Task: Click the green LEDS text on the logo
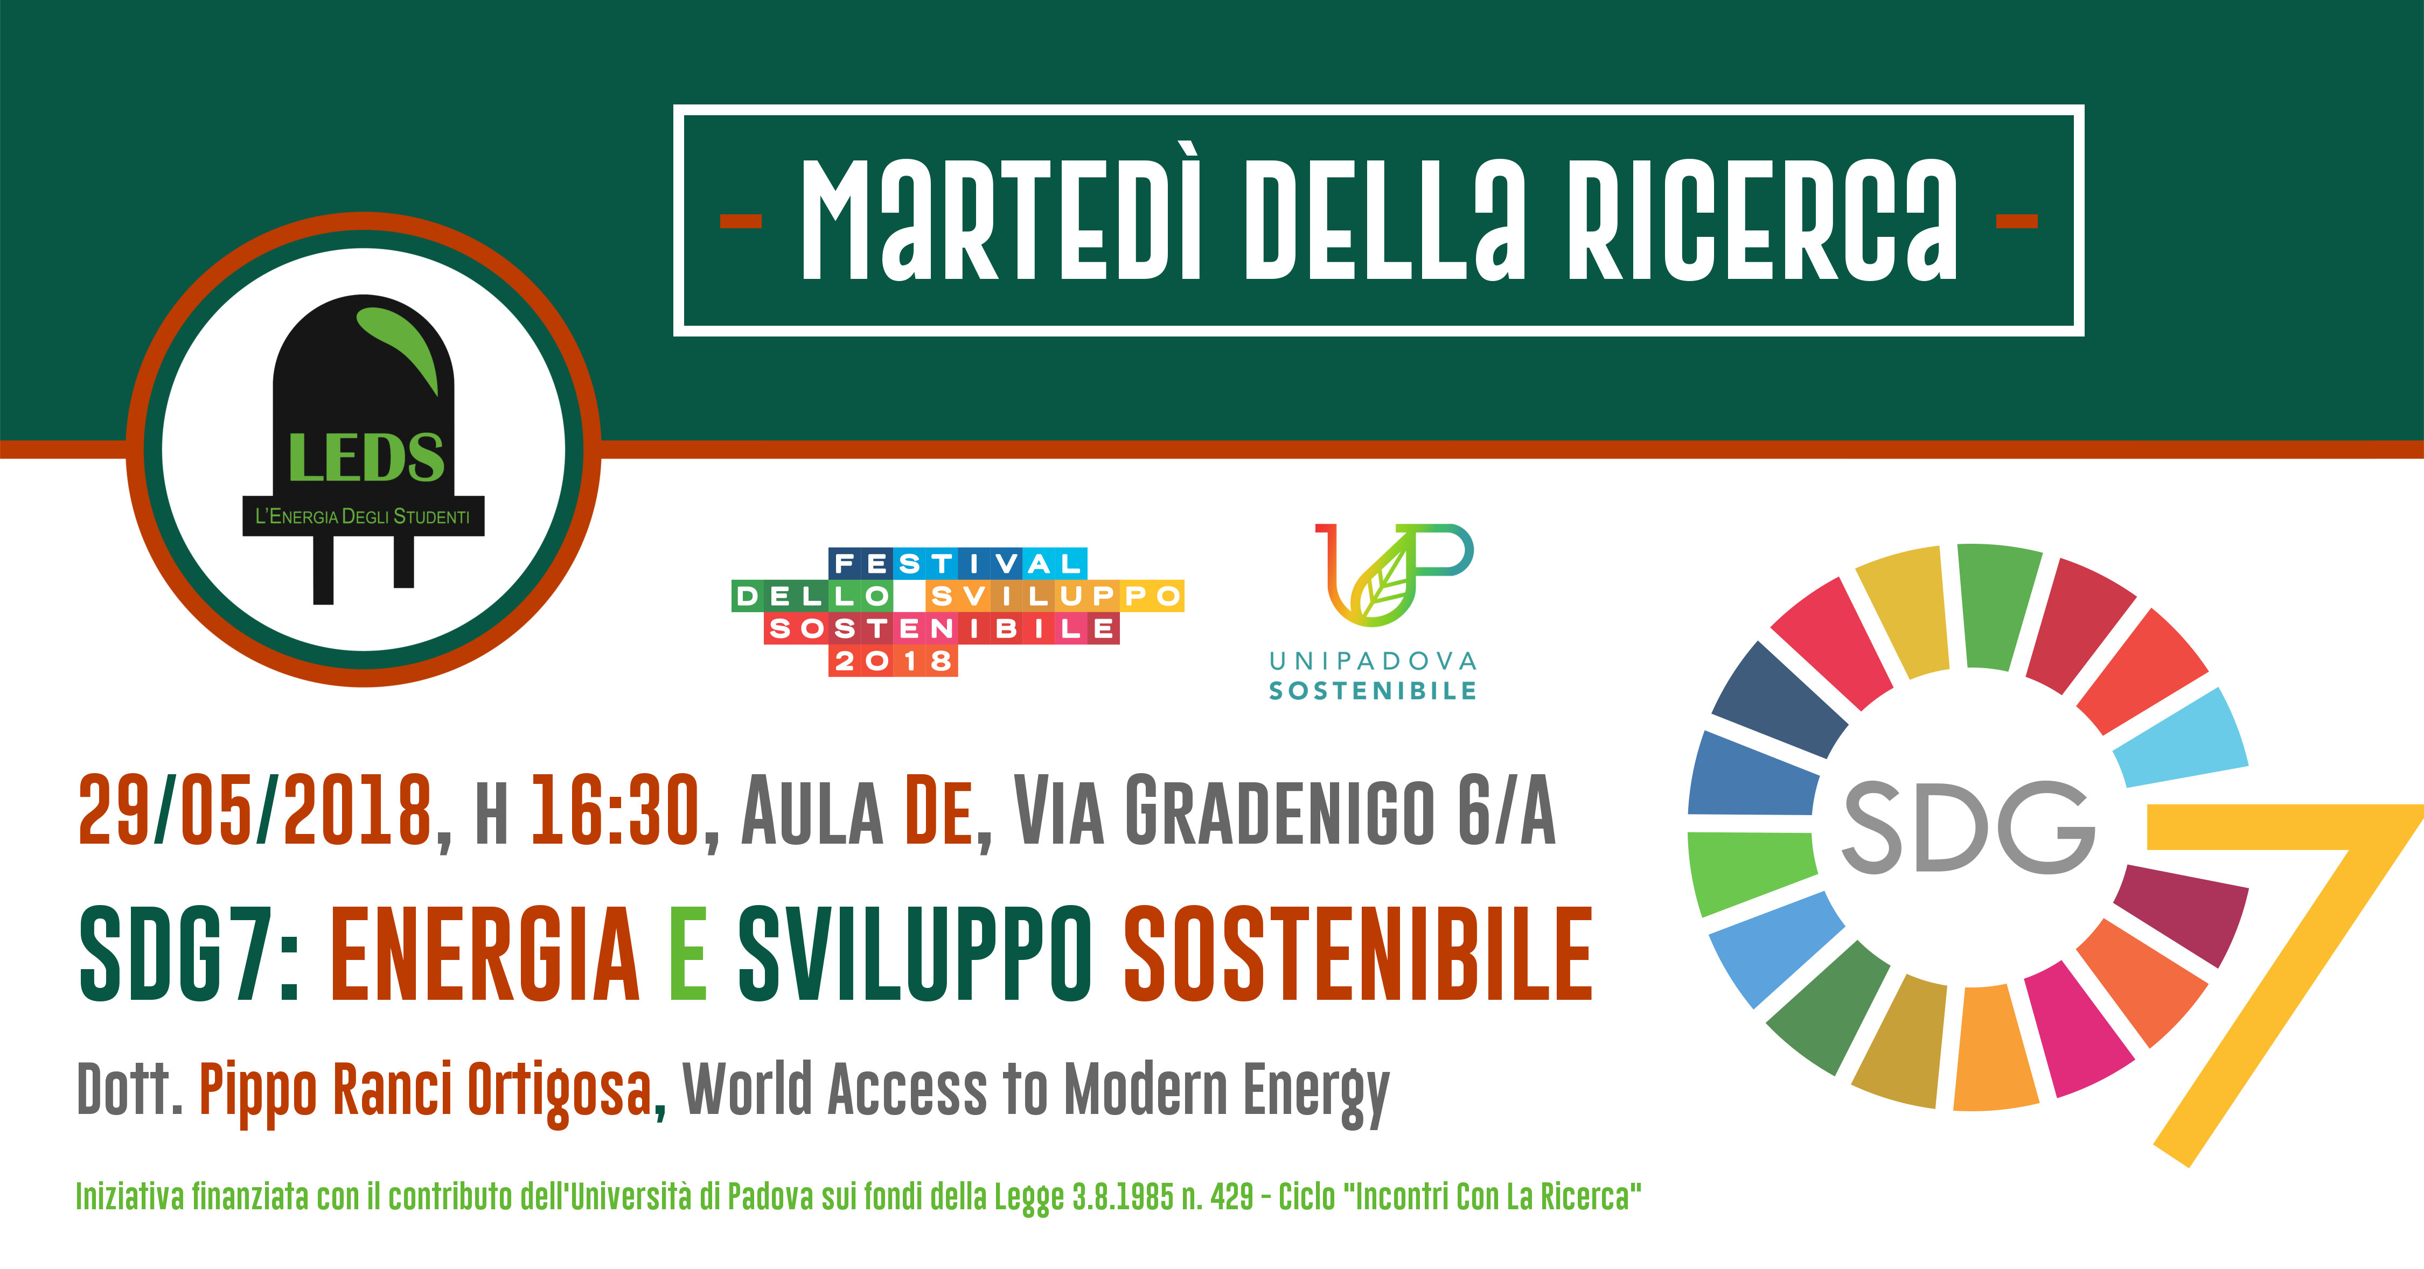[366, 458]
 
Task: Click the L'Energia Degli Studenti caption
[363, 516]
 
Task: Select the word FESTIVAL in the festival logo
[958, 564]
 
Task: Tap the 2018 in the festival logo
[893, 661]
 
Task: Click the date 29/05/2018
[255, 809]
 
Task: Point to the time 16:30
[615, 809]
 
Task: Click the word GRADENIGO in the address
[1280, 809]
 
